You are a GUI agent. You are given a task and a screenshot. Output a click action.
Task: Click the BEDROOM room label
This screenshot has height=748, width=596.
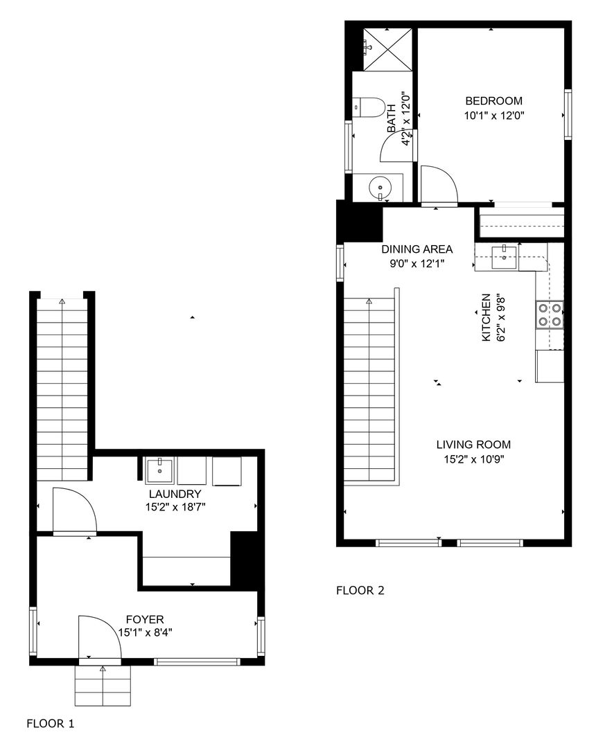pos(493,100)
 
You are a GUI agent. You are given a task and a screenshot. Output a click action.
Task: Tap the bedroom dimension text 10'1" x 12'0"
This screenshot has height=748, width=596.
pos(494,116)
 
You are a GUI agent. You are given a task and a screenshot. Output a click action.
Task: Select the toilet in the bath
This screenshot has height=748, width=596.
pos(369,107)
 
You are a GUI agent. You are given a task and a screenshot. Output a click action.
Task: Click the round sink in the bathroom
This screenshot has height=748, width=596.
pos(380,186)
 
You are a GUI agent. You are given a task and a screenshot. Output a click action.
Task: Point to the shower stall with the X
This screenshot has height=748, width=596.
pos(387,50)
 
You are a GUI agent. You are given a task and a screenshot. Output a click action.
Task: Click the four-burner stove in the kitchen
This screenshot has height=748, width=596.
pos(550,315)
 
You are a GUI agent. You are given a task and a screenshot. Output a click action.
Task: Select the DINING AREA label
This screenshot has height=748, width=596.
pos(417,249)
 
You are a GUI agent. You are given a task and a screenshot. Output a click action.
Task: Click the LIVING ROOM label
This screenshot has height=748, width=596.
pos(473,445)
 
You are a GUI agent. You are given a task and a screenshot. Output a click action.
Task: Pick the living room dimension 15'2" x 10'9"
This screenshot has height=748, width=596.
pos(474,459)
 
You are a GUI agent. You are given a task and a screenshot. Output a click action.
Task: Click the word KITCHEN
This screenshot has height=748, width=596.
pos(487,317)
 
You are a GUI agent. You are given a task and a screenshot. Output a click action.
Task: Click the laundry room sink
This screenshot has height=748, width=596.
pos(160,470)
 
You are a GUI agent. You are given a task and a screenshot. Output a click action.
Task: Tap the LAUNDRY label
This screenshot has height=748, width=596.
pos(175,494)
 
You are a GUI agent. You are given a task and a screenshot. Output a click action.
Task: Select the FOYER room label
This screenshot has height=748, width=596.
pos(145,619)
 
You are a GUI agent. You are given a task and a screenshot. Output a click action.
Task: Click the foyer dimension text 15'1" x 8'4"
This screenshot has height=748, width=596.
pos(145,632)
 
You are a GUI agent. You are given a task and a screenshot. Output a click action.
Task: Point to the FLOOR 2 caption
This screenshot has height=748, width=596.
pos(360,591)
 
